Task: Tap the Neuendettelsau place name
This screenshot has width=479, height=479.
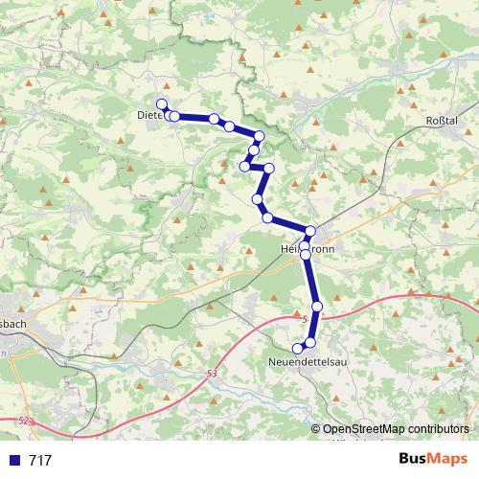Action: (308, 362)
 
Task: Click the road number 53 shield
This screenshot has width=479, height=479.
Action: (211, 373)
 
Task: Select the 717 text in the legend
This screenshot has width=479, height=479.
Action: (41, 461)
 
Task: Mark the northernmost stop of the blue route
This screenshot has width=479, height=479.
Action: (162, 104)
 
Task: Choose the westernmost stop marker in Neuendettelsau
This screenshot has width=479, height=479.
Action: (298, 347)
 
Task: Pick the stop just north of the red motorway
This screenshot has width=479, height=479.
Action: (317, 307)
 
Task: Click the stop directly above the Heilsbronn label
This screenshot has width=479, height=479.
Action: (310, 231)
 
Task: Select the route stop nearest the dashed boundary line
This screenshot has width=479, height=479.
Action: (259, 136)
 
